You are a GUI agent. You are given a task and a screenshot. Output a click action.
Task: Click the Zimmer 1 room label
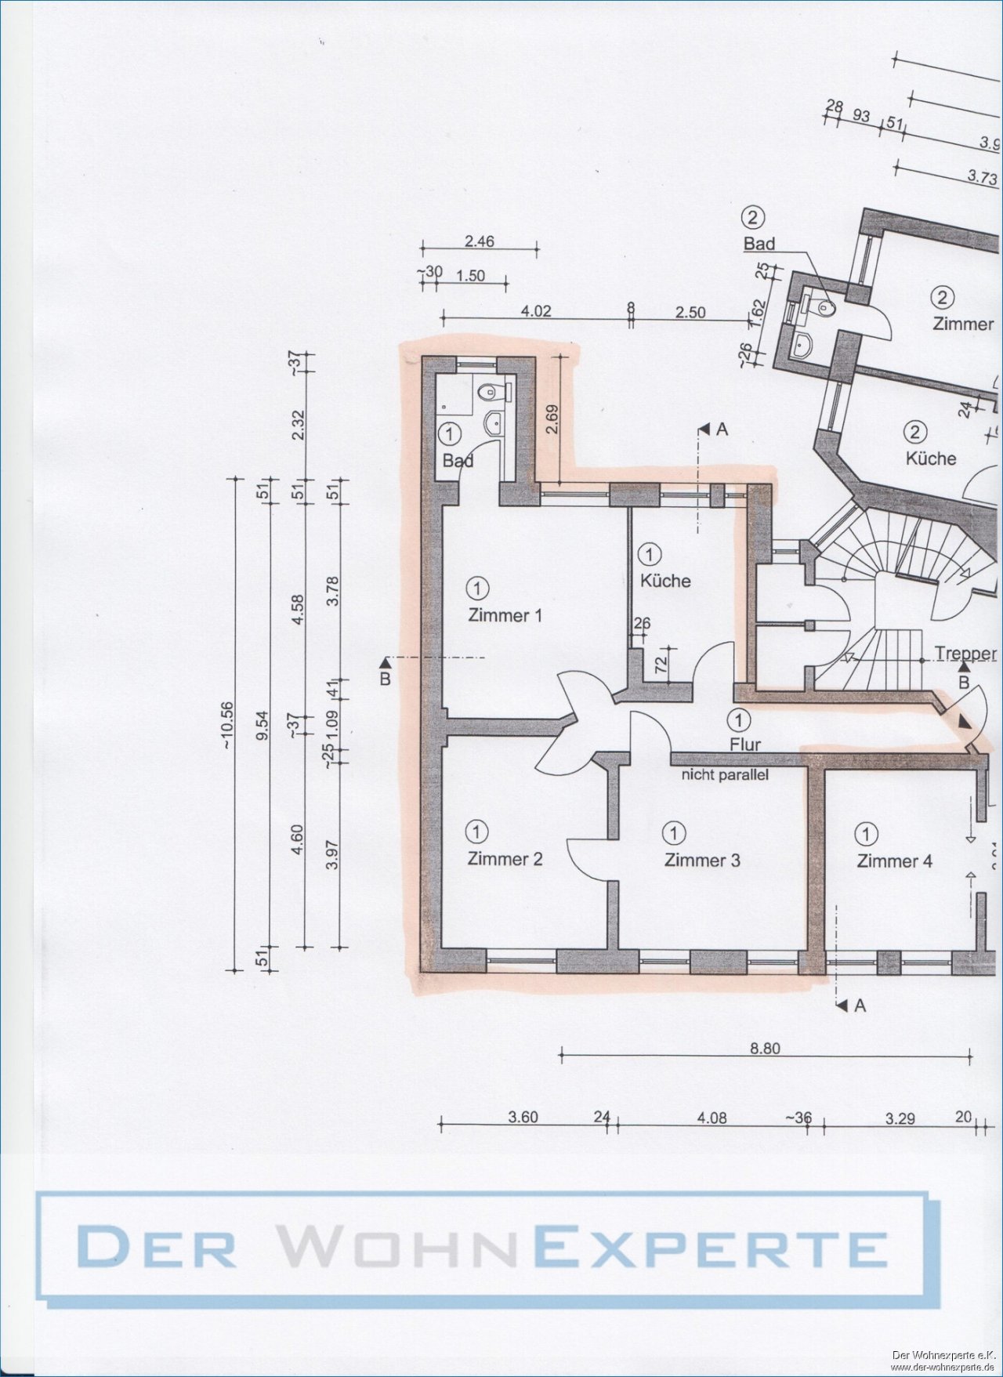pos(505,615)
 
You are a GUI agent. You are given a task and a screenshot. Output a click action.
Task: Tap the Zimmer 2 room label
pos(505,859)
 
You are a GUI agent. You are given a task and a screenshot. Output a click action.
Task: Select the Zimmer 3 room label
pos(701,860)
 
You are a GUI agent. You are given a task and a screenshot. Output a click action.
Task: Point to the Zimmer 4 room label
pos(894,861)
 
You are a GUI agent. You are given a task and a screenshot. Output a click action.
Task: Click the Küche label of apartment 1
pos(665,581)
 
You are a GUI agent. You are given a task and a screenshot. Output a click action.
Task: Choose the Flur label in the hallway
pos(744,744)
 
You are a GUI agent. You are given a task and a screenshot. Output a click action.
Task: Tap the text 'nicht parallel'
pos(725,775)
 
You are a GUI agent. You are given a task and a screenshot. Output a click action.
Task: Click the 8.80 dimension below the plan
pos(765,1048)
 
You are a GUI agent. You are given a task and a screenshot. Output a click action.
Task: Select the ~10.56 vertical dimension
pos(228,725)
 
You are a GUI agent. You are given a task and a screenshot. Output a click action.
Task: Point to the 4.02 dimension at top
pos(536,311)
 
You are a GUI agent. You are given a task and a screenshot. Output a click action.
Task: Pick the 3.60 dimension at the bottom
pos(523,1117)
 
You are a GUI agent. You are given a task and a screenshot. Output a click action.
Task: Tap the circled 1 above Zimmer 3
pos(673,832)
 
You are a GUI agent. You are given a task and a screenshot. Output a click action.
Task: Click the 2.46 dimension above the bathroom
pos(479,241)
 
